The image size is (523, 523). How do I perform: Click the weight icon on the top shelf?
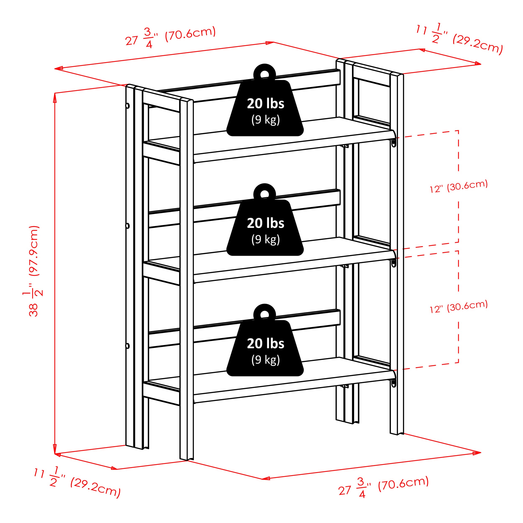tap(265, 100)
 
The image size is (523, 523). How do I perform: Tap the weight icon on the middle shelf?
tap(265, 220)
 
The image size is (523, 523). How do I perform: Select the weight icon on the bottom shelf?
tap(265, 340)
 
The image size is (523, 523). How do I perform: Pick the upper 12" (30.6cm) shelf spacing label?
tap(459, 186)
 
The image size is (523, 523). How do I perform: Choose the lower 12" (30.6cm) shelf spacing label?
tap(459, 307)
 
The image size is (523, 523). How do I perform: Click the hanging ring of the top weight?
tap(264, 71)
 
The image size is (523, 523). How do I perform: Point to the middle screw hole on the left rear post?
tap(127, 226)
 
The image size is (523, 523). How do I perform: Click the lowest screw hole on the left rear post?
tap(127, 346)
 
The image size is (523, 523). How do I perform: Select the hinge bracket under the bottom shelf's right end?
tap(394, 382)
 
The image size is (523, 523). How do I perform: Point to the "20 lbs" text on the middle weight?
tap(265, 223)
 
